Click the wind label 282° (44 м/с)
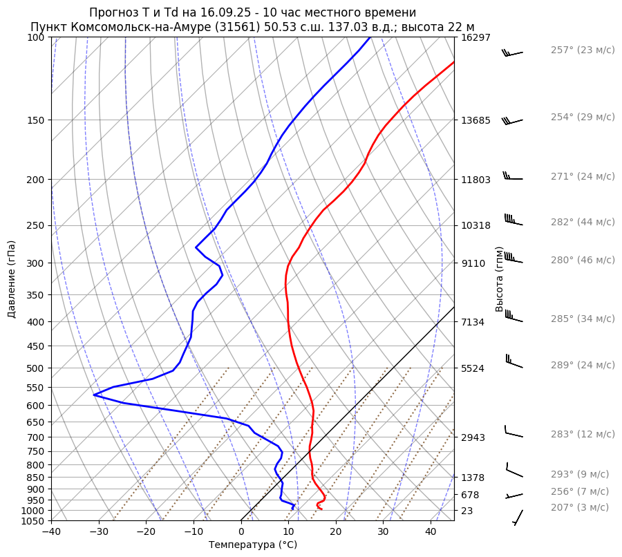coord(583,223)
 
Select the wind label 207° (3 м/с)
coord(580,508)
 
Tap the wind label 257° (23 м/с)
coord(583,50)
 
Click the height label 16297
coord(475,37)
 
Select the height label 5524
coord(473,368)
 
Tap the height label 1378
coord(473,478)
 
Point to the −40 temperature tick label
coord(51,532)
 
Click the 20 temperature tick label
coord(336,532)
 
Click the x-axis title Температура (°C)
coord(253,545)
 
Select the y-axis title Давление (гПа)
coord(12,279)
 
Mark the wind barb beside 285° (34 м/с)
coord(513,317)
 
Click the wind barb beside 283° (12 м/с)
coord(513,433)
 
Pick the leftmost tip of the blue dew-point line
coord(94,395)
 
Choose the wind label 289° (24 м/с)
coord(583,365)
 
